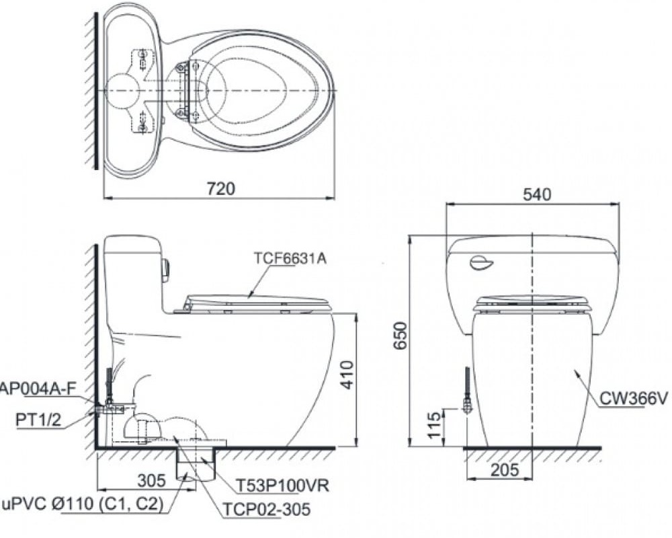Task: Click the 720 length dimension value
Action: click(221, 189)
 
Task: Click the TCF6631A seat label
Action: click(290, 258)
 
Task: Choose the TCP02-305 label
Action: click(264, 508)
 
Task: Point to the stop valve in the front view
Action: click(467, 403)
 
